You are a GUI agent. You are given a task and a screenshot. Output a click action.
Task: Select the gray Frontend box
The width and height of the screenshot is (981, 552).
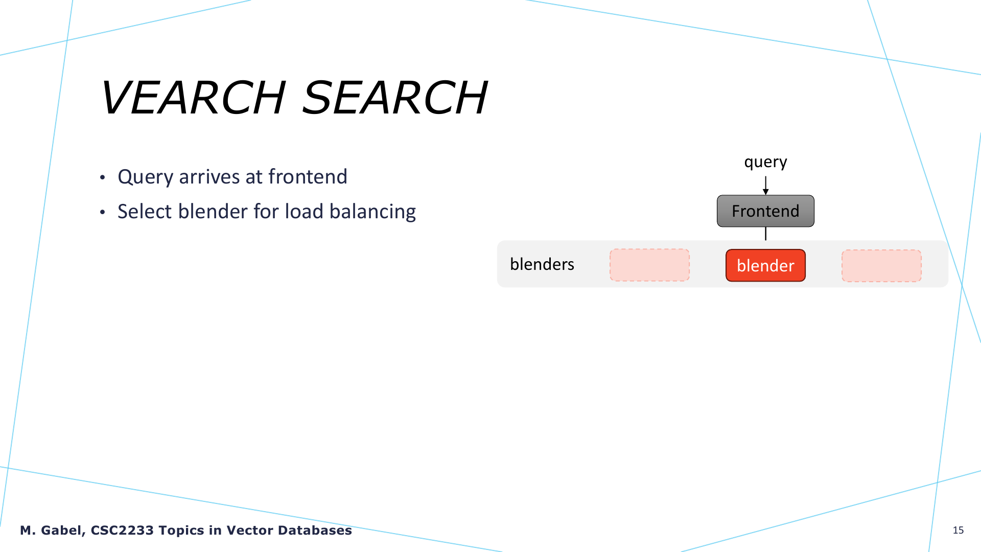click(x=765, y=211)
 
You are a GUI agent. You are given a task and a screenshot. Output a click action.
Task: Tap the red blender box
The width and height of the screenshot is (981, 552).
click(x=765, y=265)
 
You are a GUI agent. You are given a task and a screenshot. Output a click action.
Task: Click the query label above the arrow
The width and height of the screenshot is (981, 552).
click(x=765, y=163)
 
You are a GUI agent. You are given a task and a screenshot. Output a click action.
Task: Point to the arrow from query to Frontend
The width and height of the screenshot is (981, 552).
click(x=765, y=186)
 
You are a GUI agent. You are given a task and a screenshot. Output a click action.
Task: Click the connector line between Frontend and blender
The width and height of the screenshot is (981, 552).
click(x=765, y=234)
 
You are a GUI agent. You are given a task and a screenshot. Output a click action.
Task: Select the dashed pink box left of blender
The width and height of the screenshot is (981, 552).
click(x=649, y=265)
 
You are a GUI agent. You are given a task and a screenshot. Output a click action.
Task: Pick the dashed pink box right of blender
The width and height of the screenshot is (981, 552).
click(x=881, y=266)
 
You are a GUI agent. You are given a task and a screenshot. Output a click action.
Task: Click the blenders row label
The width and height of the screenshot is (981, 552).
click(x=542, y=264)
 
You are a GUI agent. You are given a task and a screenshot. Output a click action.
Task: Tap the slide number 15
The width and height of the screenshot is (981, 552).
click(x=958, y=530)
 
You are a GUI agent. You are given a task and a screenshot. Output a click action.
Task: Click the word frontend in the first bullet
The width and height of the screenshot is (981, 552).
click(x=308, y=177)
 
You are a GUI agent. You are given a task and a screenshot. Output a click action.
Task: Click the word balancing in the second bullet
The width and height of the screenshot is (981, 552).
click(x=372, y=212)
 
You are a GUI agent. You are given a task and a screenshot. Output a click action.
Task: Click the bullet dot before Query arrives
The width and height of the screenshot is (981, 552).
click(x=103, y=178)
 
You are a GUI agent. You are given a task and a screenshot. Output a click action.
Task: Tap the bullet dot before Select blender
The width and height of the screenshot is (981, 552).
click(x=103, y=212)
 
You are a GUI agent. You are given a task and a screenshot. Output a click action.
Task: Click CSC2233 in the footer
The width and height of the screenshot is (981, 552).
click(x=122, y=531)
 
